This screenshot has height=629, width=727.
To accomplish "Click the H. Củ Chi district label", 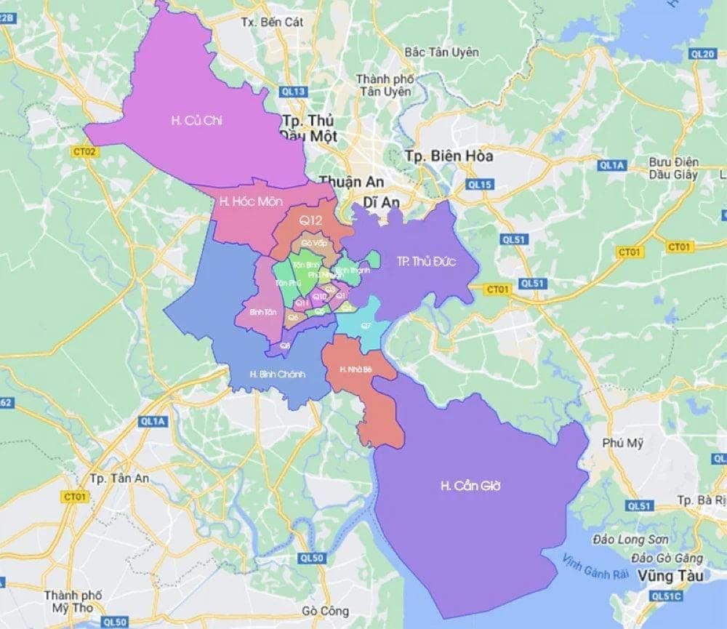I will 196,121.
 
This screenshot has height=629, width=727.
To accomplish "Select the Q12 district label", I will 308,219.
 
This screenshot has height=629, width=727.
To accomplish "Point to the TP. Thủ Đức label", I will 426,262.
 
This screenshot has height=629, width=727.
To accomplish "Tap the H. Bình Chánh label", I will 277,374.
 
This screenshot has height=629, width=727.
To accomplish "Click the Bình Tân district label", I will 262,312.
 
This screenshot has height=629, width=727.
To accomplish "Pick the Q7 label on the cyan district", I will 366,325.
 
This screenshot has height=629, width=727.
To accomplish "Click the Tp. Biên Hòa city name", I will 449,156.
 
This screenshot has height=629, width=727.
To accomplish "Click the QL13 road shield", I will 294,91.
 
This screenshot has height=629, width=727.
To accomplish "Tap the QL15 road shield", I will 481,185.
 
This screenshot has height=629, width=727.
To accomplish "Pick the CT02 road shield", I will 85,152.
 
